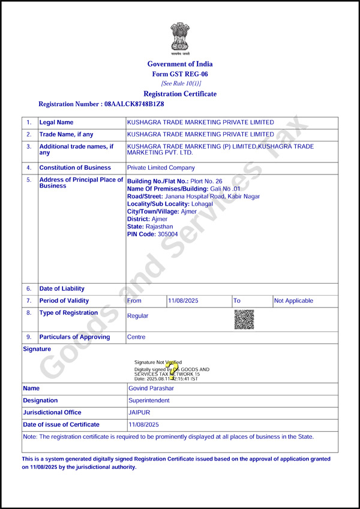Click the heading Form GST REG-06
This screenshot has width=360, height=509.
180,74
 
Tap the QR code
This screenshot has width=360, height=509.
244,320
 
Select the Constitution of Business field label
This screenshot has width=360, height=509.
75,168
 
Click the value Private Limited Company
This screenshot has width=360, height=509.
161,168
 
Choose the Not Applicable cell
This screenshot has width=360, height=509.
293,301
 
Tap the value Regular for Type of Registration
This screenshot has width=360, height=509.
138,316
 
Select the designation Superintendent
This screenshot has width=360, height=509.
149,400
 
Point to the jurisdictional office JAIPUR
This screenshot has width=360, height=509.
139,412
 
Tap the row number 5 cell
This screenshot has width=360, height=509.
29,180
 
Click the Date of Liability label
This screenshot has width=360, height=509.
62,289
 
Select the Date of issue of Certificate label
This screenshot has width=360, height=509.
61,424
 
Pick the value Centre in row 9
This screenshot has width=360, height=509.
136,337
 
